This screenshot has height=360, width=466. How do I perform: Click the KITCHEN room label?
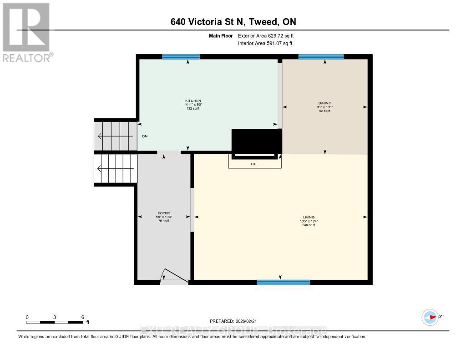192,101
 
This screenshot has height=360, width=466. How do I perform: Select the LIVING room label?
309,217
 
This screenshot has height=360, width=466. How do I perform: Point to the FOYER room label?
163,213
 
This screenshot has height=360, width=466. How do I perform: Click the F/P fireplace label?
253,164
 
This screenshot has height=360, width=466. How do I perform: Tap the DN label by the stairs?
145,136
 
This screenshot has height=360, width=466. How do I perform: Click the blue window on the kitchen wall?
181,57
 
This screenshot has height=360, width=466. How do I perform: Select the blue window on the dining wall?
321,57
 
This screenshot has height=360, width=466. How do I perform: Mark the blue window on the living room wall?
283,282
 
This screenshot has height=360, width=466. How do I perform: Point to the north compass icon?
430,317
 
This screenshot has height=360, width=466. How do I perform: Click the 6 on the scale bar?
82,317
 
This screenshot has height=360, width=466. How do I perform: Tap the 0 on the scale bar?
27,317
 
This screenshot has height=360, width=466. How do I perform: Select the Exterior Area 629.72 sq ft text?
269,35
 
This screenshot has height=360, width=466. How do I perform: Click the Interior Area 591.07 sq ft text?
265,43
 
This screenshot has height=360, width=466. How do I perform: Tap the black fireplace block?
255,142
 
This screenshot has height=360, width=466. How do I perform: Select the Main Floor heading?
221,35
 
